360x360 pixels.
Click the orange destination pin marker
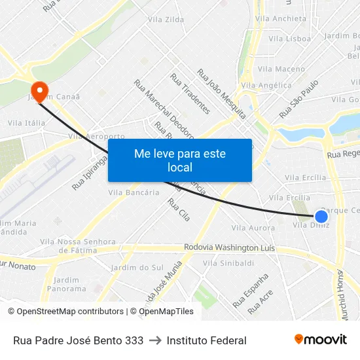[39, 91]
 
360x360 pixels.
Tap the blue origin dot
[321, 217]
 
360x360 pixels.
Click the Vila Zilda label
[166, 20]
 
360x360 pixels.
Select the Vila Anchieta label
[282, 18]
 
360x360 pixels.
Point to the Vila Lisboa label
[289, 39]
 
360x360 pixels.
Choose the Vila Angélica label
[266, 85]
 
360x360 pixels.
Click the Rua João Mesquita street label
[222, 94]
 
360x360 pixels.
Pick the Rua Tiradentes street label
[190, 94]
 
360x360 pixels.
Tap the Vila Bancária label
[134, 192]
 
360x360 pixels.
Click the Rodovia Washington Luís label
[230, 249]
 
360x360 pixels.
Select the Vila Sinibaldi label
[228, 263]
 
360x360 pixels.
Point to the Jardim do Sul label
[137, 268]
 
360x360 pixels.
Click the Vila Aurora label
[253, 228]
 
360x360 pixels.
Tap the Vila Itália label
[27, 122]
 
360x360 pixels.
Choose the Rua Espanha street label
[250, 291]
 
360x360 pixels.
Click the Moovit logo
[320, 340]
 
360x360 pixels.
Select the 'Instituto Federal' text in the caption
[207, 340]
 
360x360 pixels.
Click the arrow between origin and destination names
[155, 340]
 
